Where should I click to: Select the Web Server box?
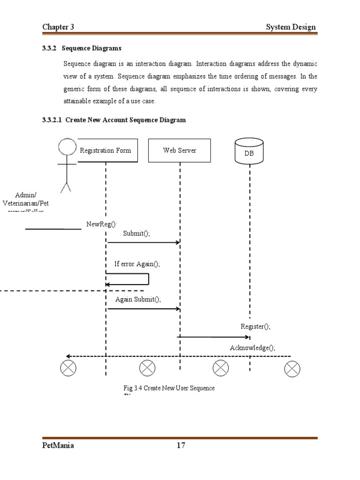tap(180, 150)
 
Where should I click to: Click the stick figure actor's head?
tap(67, 147)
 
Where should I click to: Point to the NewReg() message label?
tap(101, 224)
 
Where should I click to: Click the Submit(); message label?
tap(136, 233)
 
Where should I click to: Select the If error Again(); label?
tap(137, 264)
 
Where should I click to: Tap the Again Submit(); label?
tap(138, 300)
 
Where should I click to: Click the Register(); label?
tap(255, 327)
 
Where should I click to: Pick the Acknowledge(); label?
tap(252, 348)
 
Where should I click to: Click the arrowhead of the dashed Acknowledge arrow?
tap(68, 356)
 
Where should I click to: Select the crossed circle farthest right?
tap(292, 369)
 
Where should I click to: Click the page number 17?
tap(181, 446)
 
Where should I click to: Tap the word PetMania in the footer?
tap(58, 446)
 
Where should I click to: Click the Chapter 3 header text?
tap(59, 27)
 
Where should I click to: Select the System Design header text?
tap(291, 27)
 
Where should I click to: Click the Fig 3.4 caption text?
tap(169, 389)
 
